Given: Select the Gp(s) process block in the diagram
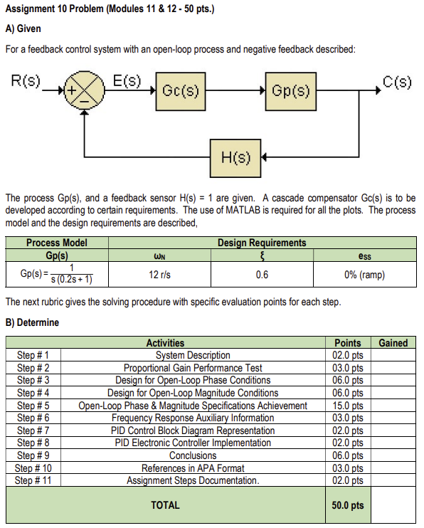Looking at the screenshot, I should click(291, 92).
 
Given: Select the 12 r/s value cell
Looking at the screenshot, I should click(158, 275).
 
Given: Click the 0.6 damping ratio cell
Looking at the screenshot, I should click(262, 275).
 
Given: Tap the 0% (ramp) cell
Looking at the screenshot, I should click(366, 275).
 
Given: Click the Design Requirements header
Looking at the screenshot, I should click(262, 243).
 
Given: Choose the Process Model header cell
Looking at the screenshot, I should click(57, 243).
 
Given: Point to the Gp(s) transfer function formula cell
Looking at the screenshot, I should click(57, 275).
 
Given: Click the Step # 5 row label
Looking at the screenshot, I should click(33, 406).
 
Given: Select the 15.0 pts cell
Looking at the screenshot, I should click(347, 406).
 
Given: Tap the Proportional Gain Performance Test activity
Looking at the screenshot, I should click(193, 368).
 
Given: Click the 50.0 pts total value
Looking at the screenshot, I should click(347, 505).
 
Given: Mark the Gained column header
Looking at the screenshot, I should click(393, 343).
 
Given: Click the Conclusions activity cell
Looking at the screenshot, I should click(193, 455).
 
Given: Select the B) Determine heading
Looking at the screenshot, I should click(33, 322).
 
